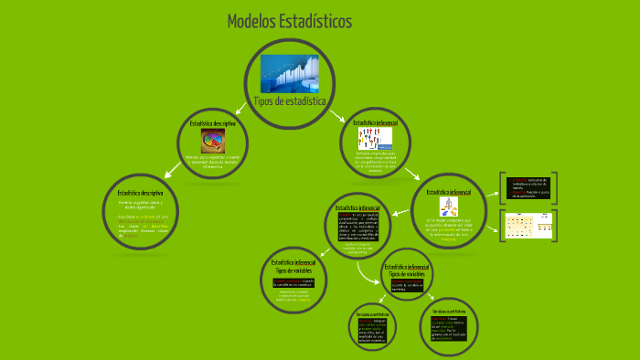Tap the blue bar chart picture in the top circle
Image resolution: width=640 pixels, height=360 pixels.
point(290,72)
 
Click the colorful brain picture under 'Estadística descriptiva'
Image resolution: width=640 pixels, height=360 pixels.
point(213,141)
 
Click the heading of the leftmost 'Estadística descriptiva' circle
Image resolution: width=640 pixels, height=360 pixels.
point(140,193)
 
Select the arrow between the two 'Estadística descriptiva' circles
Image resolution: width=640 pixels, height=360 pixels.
point(170,170)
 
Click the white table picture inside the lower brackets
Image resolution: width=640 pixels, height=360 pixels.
point(531,224)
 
